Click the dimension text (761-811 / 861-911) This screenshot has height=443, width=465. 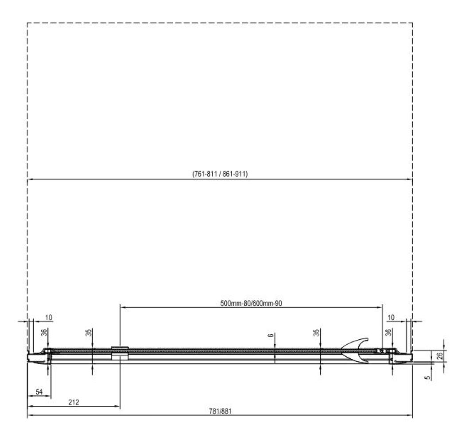220,174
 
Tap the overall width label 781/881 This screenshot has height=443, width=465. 220,411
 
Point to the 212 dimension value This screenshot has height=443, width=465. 74,402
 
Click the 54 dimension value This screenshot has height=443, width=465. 39,392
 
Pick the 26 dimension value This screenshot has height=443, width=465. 439,356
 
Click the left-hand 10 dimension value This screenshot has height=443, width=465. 49,318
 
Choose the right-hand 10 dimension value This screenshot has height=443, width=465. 391,318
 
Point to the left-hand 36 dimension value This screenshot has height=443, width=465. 44,333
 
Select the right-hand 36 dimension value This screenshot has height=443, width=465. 388,333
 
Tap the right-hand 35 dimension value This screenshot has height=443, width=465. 316,333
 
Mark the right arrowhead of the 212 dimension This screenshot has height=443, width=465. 117,406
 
